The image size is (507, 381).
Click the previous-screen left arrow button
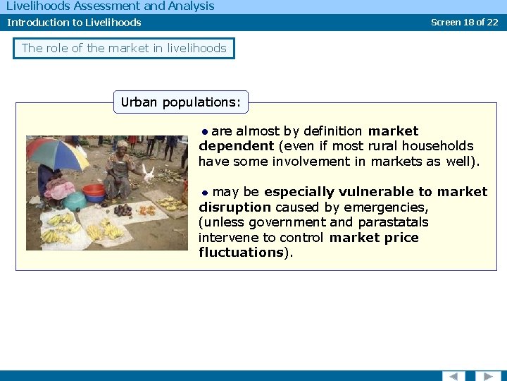(453, 376)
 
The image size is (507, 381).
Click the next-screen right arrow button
(488, 376)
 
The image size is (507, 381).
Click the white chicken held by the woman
(148, 172)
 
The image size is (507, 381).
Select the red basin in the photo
(94, 190)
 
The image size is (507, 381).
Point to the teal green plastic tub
(74, 201)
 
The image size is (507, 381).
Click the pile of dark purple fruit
(123, 210)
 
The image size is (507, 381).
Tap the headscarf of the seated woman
(122, 144)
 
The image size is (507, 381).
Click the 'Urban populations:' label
(180, 102)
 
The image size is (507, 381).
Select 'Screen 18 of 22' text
(464, 22)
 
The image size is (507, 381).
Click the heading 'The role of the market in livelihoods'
(124, 49)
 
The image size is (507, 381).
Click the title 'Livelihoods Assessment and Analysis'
(110, 6)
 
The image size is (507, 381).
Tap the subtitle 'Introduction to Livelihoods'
(74, 23)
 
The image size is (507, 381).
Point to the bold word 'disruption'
(234, 207)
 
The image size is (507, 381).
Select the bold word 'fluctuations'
(241, 253)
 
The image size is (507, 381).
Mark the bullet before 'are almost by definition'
(204, 131)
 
